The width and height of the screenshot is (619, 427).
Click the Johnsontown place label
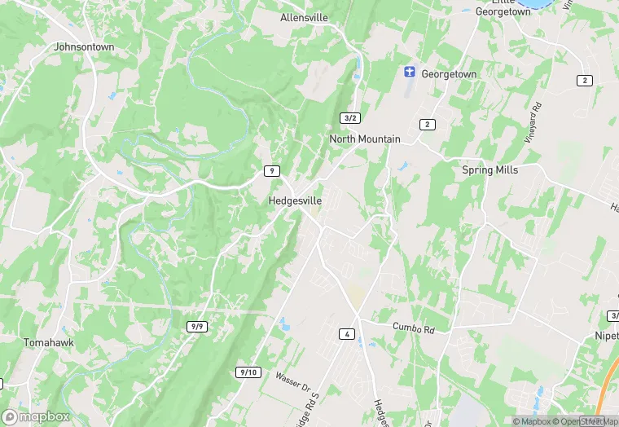click(x=84, y=47)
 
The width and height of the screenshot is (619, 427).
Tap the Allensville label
click(x=304, y=17)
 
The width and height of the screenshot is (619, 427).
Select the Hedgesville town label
click(x=295, y=200)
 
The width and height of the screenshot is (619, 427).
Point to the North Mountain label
click(x=365, y=139)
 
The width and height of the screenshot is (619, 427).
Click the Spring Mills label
click(x=490, y=170)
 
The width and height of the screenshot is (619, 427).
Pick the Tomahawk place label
click(x=49, y=343)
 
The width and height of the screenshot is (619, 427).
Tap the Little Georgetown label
click(x=503, y=8)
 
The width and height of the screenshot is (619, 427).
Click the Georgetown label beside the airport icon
click(x=448, y=74)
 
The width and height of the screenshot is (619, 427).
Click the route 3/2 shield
click(x=350, y=118)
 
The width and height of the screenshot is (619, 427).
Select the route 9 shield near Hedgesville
click(x=272, y=170)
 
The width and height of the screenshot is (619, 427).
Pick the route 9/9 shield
click(x=197, y=327)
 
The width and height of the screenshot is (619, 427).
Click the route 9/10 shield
click(x=248, y=372)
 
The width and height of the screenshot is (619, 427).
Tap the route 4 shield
click(x=346, y=334)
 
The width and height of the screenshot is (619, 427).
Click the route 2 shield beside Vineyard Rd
click(x=584, y=80)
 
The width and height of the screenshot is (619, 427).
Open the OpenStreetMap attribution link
click(x=585, y=421)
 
